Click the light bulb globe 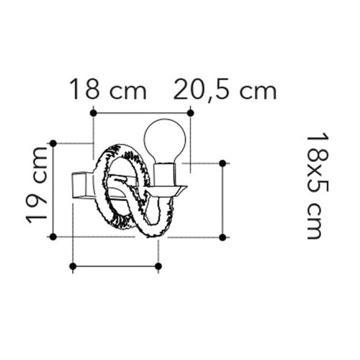click(165, 140)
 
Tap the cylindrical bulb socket click(165, 174)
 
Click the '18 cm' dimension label click(108, 89)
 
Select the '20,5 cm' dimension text click(225, 90)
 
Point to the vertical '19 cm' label click(37, 185)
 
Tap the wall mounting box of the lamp click(81, 185)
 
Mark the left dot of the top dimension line click(93, 113)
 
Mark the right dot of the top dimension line click(190, 113)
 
